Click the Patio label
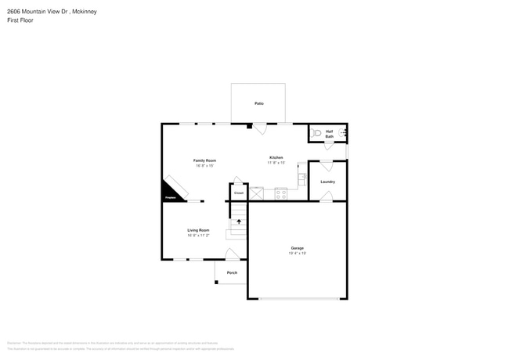[258, 103]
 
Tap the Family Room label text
[204, 160]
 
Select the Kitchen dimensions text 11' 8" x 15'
[276, 163]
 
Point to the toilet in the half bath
[317, 133]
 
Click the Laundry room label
[327, 182]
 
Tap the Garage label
[297, 248]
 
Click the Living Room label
[198, 230]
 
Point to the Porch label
[232, 272]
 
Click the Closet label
[239, 193]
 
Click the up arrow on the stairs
[239, 221]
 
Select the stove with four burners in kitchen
[280, 193]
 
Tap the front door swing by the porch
[232, 254]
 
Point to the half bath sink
[343, 133]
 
